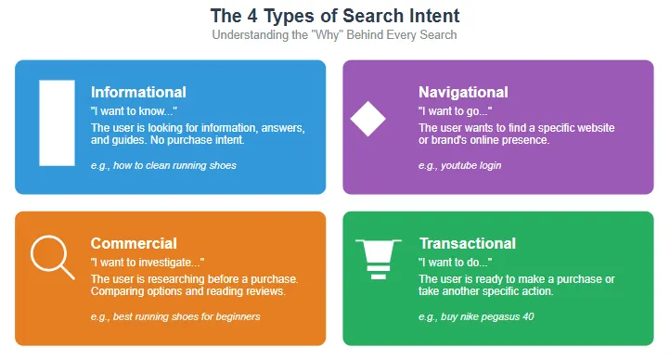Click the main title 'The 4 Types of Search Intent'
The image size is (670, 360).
pos(334,16)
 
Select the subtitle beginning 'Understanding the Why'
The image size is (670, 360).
pos(334,35)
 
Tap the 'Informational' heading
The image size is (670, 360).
pos(138,92)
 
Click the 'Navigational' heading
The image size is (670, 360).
pos(463,92)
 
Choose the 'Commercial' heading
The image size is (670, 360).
pos(134,243)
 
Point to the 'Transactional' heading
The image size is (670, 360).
pos(467,243)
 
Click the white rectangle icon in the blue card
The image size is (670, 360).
pos(57,122)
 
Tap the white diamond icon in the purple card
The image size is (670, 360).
pos(367,118)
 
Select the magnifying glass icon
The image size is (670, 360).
pos(51,257)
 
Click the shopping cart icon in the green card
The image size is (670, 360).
pos(378,258)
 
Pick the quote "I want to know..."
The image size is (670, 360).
pos(133,110)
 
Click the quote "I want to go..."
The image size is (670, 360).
pos(455,110)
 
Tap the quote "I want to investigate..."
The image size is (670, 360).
pos(148,263)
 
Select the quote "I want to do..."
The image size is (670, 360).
pos(455,263)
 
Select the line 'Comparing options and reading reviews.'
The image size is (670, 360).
pos(187,291)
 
